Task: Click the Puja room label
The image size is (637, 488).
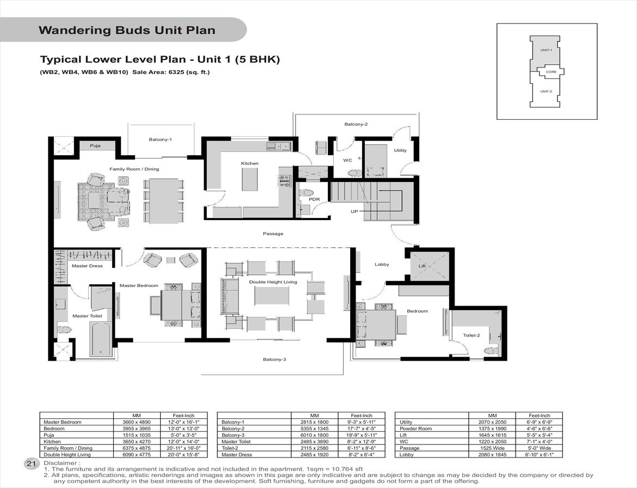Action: (x=95, y=145)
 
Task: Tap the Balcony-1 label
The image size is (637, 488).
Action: (x=160, y=139)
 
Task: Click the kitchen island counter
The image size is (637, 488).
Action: (x=250, y=179)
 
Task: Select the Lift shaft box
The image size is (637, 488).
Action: (x=429, y=266)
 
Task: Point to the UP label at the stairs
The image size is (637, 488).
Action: (x=354, y=212)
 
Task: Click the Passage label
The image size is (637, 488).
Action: (x=273, y=234)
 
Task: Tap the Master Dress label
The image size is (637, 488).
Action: (x=87, y=266)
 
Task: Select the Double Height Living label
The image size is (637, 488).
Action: (x=273, y=282)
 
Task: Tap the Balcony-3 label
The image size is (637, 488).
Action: (x=274, y=359)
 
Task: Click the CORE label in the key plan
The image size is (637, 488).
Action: (x=551, y=72)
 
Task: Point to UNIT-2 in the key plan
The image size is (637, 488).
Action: (x=546, y=91)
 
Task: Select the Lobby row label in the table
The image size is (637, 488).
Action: (x=406, y=455)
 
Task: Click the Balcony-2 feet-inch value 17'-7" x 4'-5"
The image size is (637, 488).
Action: (x=361, y=429)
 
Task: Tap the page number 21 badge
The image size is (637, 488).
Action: (x=31, y=463)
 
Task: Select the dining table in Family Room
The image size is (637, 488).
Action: (x=163, y=201)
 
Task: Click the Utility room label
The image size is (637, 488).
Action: (x=400, y=150)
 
